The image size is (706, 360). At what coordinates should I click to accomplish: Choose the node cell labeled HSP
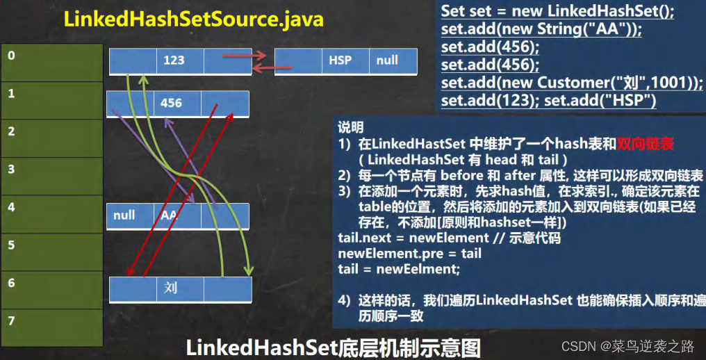[x=340, y=60]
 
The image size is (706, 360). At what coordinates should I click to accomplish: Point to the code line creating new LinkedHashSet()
[x=557, y=11]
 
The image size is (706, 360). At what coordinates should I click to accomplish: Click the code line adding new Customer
[x=572, y=83]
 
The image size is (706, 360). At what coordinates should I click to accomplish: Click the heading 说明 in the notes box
[x=350, y=129]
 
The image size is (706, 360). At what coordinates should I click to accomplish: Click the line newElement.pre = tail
[x=409, y=254]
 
